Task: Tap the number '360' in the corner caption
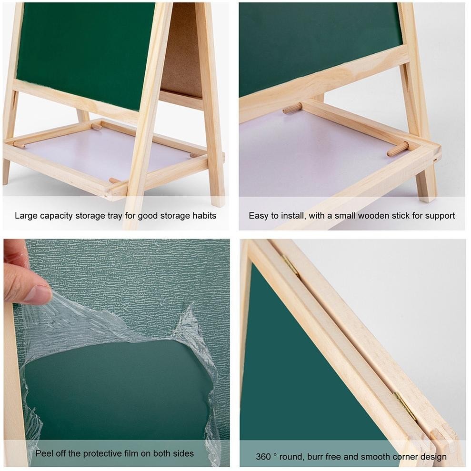point(263,457)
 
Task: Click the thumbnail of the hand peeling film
point(117,353)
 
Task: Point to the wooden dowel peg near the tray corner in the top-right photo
point(398,149)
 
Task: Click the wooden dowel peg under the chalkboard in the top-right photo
point(292,108)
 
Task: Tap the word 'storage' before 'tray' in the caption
point(90,216)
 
